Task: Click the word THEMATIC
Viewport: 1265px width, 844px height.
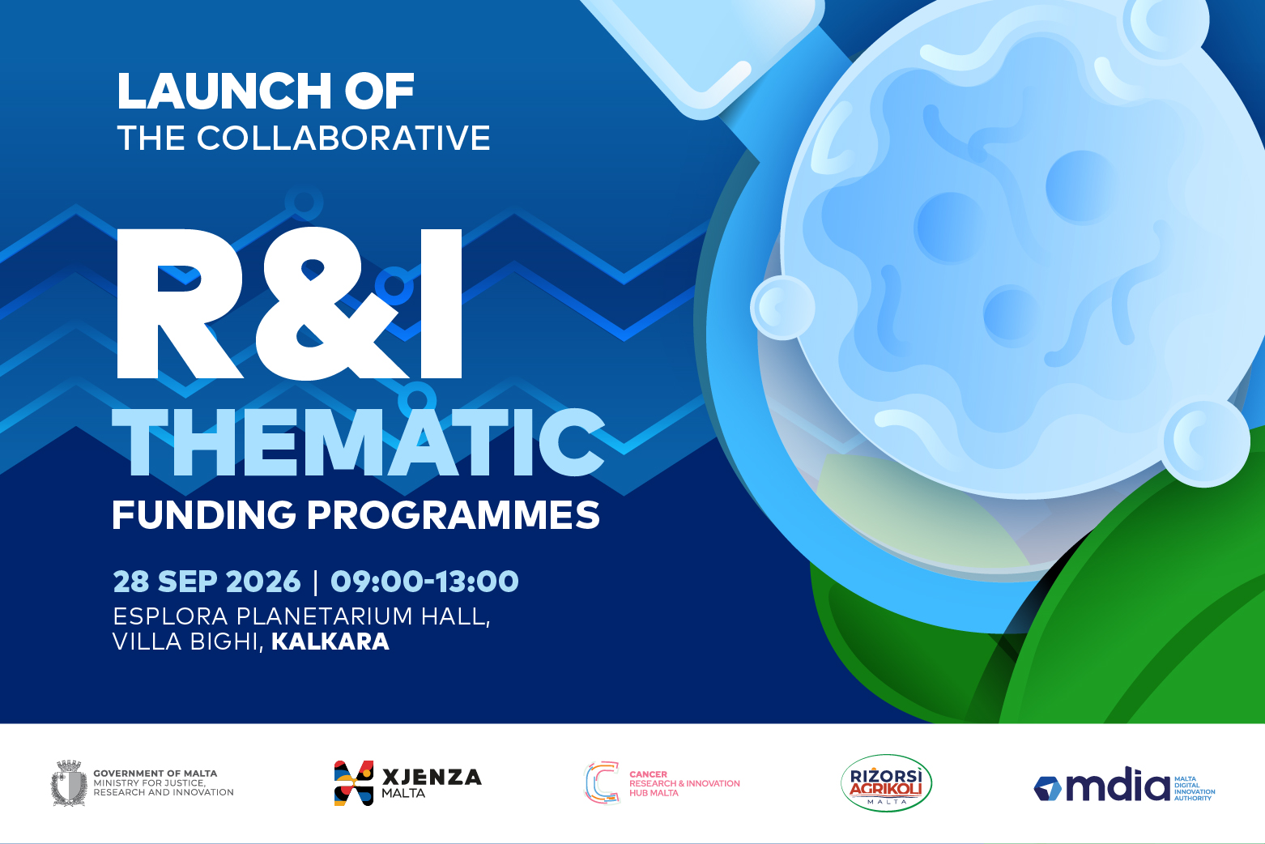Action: pyautogui.click(x=358, y=441)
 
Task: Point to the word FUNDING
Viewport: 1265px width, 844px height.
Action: pyautogui.click(x=204, y=514)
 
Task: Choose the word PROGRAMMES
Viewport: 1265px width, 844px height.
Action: pyautogui.click(x=453, y=514)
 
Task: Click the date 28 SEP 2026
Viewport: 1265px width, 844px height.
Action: pyautogui.click(x=207, y=582)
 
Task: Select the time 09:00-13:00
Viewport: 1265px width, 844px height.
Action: pyautogui.click(x=424, y=582)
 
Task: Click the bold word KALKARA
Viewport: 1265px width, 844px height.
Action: pyautogui.click(x=330, y=642)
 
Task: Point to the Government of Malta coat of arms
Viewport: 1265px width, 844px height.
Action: pyautogui.click(x=69, y=783)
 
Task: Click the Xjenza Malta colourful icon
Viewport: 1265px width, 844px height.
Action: pyautogui.click(x=354, y=783)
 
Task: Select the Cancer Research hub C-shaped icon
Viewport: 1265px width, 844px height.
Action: pyautogui.click(x=602, y=782)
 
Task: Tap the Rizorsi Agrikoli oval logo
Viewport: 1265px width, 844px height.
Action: pyautogui.click(x=886, y=783)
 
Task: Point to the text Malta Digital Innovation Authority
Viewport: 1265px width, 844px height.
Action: pyautogui.click(x=1195, y=788)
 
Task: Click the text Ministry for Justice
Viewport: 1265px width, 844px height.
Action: pyautogui.click(x=149, y=783)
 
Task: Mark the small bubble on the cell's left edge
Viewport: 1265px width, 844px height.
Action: pyautogui.click(x=782, y=308)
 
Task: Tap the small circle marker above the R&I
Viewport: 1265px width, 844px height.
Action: pyautogui.click(x=304, y=201)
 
